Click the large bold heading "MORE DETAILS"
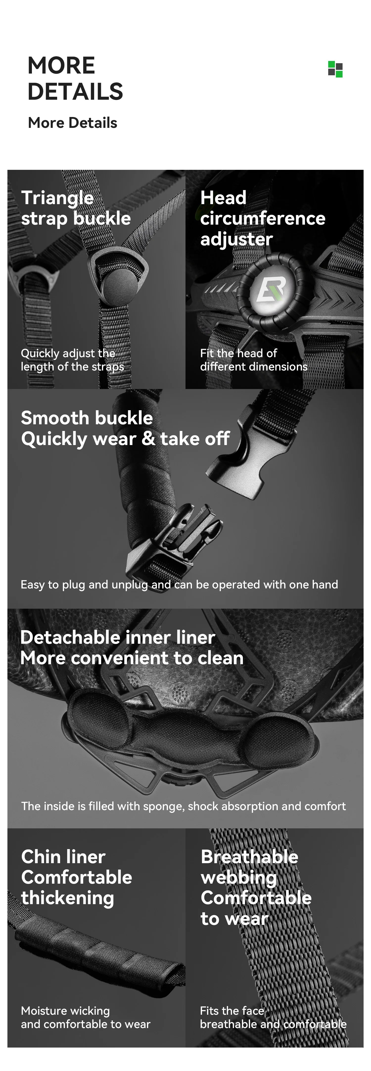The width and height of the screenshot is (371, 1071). click(x=75, y=78)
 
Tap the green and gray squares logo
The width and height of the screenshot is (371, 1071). click(x=335, y=69)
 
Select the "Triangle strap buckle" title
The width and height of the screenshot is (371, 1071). click(x=76, y=208)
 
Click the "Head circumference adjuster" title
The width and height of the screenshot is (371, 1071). click(x=263, y=218)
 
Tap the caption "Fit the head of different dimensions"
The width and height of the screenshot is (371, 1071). click(x=254, y=360)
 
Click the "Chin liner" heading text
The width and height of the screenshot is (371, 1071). click(x=63, y=857)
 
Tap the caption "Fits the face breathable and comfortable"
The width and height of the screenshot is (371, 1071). click(x=273, y=1017)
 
